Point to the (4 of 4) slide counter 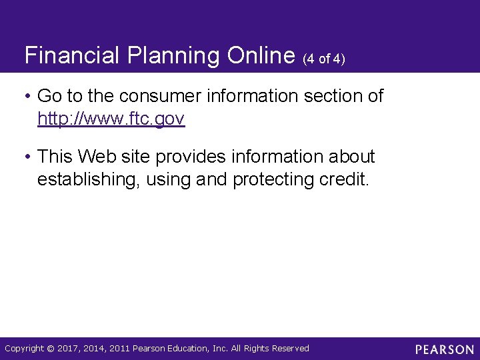click(324, 59)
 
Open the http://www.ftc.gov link click(111, 119)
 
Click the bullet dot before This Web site click(28, 157)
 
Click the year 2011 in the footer click(119, 349)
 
